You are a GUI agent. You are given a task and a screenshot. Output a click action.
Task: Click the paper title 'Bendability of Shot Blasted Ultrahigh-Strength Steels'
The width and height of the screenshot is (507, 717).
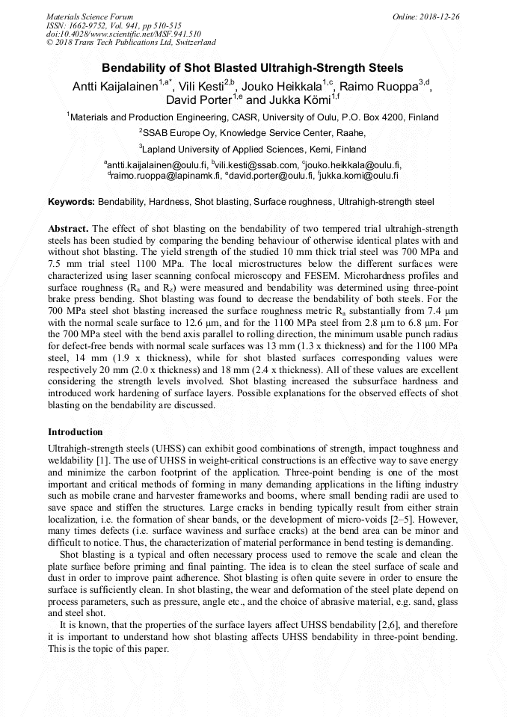[253, 67]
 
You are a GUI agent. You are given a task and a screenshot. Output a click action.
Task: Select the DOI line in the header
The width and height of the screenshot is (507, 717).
[123, 34]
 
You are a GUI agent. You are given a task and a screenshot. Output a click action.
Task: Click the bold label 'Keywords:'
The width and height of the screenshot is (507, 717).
[72, 202]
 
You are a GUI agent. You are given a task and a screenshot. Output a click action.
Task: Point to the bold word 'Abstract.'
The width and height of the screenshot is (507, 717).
[69, 227]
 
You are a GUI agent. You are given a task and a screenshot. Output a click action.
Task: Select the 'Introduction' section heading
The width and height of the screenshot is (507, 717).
[76, 432]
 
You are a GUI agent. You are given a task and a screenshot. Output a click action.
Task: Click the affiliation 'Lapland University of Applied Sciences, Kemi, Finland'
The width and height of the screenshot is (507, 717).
[254, 149]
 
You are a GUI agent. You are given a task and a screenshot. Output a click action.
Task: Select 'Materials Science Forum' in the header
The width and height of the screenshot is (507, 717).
[89, 16]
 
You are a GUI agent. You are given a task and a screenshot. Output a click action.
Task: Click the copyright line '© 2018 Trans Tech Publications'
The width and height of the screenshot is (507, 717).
[131, 43]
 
